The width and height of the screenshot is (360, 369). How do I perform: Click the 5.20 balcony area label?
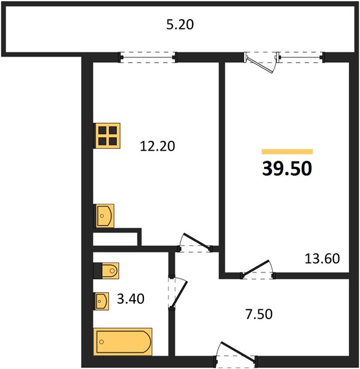180,25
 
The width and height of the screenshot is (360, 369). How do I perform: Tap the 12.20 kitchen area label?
158,146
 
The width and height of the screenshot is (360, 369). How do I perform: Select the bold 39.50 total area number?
287,169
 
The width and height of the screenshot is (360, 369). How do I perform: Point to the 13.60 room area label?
322,258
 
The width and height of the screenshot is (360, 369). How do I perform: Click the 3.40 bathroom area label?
130,299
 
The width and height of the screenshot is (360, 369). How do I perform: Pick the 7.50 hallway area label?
258,314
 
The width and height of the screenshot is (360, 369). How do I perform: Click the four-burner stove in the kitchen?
108,136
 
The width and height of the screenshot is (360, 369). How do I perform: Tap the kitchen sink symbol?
105,216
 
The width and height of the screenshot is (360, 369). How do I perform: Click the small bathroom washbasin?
102,301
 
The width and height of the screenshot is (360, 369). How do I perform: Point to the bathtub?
122,341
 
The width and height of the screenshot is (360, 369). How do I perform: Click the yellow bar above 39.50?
287,151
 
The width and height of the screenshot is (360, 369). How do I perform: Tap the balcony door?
260,63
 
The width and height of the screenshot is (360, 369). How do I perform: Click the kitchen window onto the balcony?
148,57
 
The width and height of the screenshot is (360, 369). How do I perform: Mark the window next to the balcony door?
300,57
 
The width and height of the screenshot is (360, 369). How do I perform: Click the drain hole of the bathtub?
102,342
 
